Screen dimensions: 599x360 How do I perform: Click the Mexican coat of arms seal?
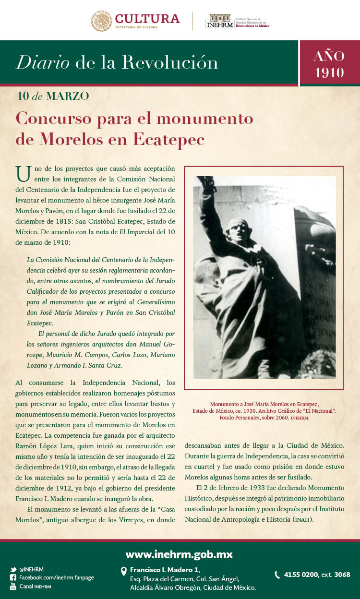(101, 21)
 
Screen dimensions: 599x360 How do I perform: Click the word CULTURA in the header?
(147, 19)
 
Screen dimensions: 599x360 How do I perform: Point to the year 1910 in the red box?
(329, 72)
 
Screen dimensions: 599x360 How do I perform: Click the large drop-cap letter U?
(23, 173)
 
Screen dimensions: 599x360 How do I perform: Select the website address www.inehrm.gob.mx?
(179, 555)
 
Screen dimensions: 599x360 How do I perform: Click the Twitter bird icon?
(13, 570)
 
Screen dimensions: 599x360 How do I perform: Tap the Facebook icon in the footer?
(13, 578)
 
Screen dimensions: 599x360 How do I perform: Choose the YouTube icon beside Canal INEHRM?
(13, 587)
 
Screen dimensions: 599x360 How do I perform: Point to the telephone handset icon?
(277, 575)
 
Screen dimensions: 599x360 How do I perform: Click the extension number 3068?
(342, 575)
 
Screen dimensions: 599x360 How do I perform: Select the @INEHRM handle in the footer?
(32, 570)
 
